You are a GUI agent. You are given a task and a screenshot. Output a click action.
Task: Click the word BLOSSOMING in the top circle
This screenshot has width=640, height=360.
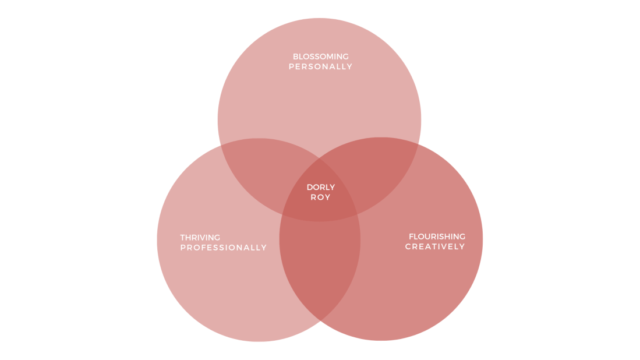coord(320,57)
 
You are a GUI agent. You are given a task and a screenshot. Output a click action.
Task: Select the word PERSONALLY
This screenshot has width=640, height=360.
coord(320,66)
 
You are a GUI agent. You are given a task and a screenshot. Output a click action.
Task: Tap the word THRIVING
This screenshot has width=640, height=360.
coord(200,238)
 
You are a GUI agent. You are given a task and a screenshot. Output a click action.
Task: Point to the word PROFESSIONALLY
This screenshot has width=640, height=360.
coord(223,248)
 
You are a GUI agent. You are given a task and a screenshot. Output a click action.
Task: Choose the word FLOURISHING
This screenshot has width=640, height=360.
coord(437,237)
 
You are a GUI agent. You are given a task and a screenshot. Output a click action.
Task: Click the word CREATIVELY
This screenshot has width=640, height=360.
coord(435,246)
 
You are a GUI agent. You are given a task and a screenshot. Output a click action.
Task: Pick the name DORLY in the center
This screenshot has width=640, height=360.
coord(321,188)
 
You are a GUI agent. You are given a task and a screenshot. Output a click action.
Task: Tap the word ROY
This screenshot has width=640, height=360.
coord(320,197)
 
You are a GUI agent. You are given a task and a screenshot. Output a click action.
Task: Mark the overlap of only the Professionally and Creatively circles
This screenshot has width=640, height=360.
coord(320,265)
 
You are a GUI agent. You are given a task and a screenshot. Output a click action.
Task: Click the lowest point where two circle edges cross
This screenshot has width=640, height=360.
coord(320,321)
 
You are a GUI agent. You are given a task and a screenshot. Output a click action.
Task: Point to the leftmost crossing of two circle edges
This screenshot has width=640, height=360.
coord(220,145)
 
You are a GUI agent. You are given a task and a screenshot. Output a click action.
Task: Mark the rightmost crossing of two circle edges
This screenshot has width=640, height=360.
coord(419,144)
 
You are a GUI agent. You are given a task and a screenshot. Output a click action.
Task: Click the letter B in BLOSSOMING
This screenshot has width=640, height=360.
coord(295,57)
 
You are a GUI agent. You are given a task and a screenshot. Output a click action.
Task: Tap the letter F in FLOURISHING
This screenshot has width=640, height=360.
coord(411,237)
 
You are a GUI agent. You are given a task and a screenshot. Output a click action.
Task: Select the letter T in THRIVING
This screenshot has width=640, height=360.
coord(183,238)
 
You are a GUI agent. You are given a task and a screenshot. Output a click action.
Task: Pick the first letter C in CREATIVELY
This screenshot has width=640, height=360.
coord(408,246)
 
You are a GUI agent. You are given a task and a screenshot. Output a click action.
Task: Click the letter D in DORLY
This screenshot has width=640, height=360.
coord(310,188)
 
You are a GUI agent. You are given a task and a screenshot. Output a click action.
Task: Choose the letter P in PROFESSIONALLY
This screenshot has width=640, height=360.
coord(183,248)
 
